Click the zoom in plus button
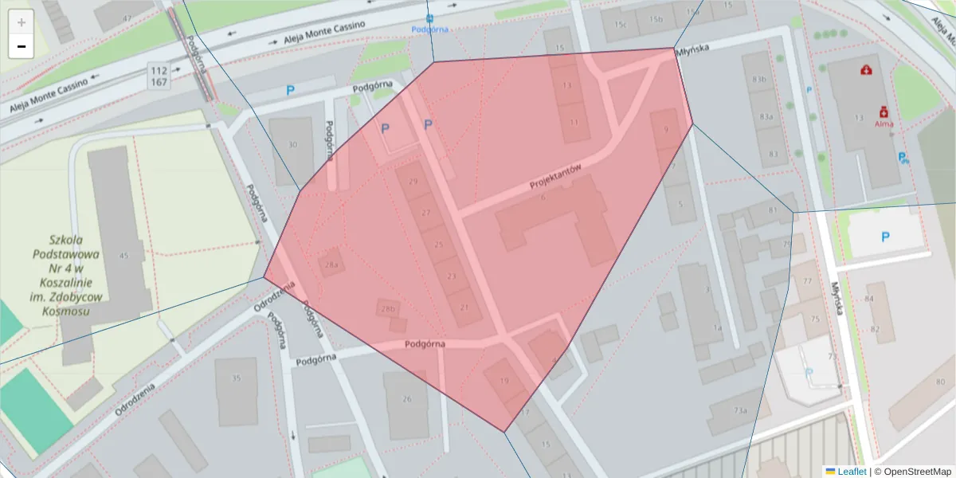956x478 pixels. [22, 22]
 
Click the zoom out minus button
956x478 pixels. [22, 47]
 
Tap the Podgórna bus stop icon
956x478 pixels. [430, 18]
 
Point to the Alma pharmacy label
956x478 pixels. [884, 124]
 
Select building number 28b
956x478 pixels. [388, 309]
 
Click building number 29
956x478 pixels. [413, 182]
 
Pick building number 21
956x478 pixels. [464, 308]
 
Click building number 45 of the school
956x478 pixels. [123, 256]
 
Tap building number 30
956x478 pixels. [292, 144]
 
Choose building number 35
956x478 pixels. [236, 378]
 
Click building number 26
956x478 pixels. [407, 399]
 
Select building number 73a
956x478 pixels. [741, 410]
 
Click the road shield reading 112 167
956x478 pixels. [159, 76]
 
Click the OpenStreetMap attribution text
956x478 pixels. [913, 472]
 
